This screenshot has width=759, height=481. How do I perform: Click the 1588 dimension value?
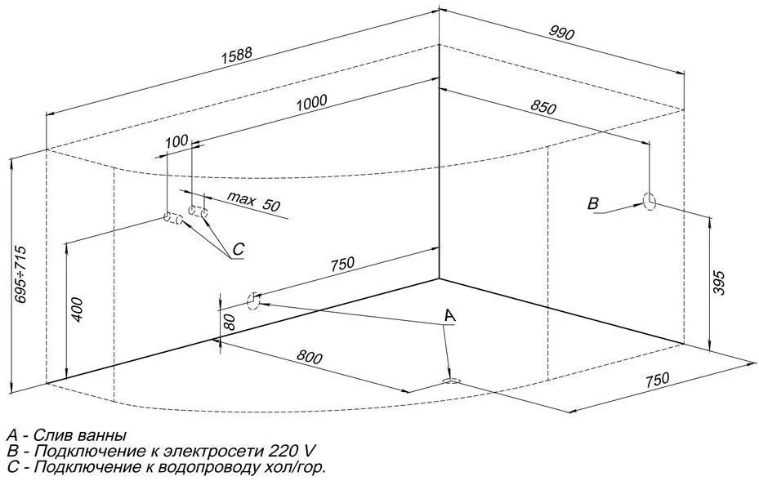[237, 55]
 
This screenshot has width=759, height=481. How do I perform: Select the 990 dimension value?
[561, 33]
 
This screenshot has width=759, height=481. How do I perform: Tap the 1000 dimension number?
[312, 103]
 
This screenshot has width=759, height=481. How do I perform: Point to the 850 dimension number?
[543, 107]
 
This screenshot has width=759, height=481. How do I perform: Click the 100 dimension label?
[176, 141]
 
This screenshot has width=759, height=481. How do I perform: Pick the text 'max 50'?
[253, 202]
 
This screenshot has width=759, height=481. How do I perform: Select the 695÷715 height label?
[20, 274]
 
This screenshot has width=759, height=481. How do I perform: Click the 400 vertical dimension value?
[77, 310]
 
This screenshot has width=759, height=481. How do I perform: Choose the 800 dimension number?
[309, 357]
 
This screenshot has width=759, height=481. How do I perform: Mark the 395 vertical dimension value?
[719, 283]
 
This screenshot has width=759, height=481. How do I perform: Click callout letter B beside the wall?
[593, 203]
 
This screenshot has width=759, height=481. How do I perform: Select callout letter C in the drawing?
[238, 249]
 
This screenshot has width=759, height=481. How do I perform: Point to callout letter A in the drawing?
[450, 315]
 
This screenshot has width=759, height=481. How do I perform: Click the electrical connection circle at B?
[650, 201]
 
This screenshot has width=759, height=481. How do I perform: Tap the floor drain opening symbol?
[452, 381]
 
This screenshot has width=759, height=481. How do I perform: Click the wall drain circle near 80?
[253, 301]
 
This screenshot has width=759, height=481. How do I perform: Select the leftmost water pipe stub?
[173, 218]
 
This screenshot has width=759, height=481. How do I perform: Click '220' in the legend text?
[281, 451]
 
